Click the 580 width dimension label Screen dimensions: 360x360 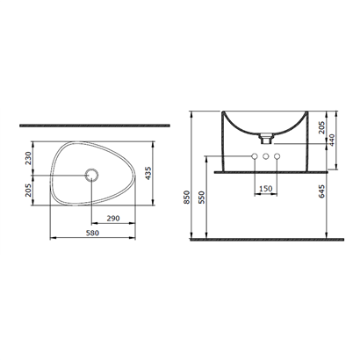(x=92, y=233)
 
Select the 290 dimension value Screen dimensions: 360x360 (x=113, y=219)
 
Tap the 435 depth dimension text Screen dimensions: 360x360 (x=148, y=173)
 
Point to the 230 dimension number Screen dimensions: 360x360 (x=28, y=158)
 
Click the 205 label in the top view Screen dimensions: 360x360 (x=28, y=191)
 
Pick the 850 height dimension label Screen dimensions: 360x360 (x=187, y=197)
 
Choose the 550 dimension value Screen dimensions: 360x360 (x=203, y=197)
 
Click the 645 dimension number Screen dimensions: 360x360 (x=321, y=191)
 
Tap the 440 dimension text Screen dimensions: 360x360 (x=332, y=140)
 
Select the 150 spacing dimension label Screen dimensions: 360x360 (x=266, y=189)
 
